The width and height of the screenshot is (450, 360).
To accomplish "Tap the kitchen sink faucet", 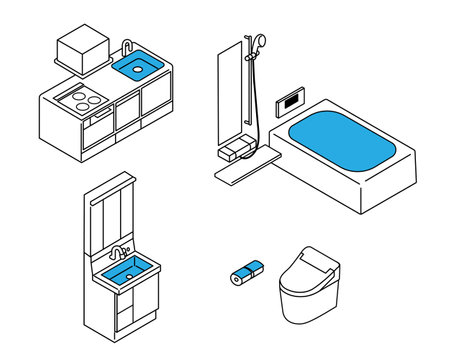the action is pos(127,49).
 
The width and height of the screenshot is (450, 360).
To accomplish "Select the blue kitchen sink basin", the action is pos(139,68).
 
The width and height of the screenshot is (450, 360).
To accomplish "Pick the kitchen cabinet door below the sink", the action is pos(157,102).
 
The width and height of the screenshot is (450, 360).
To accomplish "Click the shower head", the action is pos(258,43).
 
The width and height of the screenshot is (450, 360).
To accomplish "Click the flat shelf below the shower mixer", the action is pos(240,167).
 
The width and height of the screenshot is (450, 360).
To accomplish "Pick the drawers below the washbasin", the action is pos(137,305).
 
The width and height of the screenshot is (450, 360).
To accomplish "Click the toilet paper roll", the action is pos(245,270).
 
